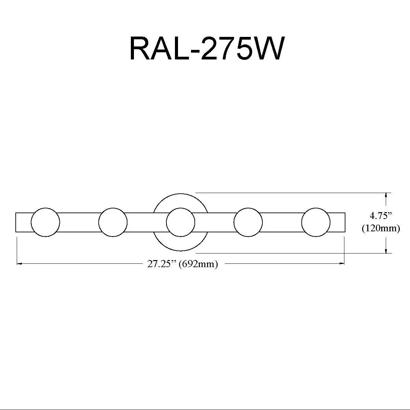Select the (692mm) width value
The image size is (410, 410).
[199, 264]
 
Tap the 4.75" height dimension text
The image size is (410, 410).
[381, 216]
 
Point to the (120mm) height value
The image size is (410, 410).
[381, 228]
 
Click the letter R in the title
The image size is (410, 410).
[142, 48]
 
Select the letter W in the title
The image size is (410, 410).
[269, 48]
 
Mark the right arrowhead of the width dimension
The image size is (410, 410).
[341, 264]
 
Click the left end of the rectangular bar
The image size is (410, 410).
[16, 222]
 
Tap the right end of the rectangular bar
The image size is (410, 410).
[345, 222]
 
